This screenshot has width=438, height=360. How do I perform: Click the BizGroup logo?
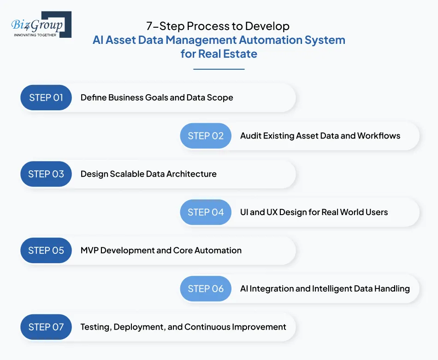(x=41, y=24)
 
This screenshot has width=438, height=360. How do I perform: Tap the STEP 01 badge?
(x=46, y=97)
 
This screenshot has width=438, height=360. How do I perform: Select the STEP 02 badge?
(x=206, y=136)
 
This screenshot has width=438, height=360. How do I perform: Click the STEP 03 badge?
(x=46, y=174)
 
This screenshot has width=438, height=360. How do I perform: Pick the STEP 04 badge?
(x=206, y=212)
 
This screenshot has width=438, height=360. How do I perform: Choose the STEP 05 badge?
(x=46, y=250)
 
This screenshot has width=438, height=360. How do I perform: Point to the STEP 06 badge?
(x=206, y=288)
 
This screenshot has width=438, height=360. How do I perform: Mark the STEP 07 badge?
(x=46, y=327)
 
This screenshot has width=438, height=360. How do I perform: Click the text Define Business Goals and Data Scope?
(x=157, y=97)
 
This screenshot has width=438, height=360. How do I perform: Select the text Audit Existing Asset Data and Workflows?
(x=320, y=136)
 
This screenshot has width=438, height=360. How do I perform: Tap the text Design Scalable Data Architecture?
(x=148, y=174)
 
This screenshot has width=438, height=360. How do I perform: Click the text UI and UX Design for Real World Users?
(x=314, y=212)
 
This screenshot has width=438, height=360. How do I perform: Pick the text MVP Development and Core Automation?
(x=161, y=250)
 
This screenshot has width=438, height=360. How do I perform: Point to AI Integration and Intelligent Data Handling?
(x=325, y=288)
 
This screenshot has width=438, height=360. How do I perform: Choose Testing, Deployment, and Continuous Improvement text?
(x=183, y=327)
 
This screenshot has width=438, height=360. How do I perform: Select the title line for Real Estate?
(x=219, y=54)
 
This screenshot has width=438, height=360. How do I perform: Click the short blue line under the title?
(x=219, y=69)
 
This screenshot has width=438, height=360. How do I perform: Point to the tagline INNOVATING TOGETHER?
(x=36, y=35)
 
